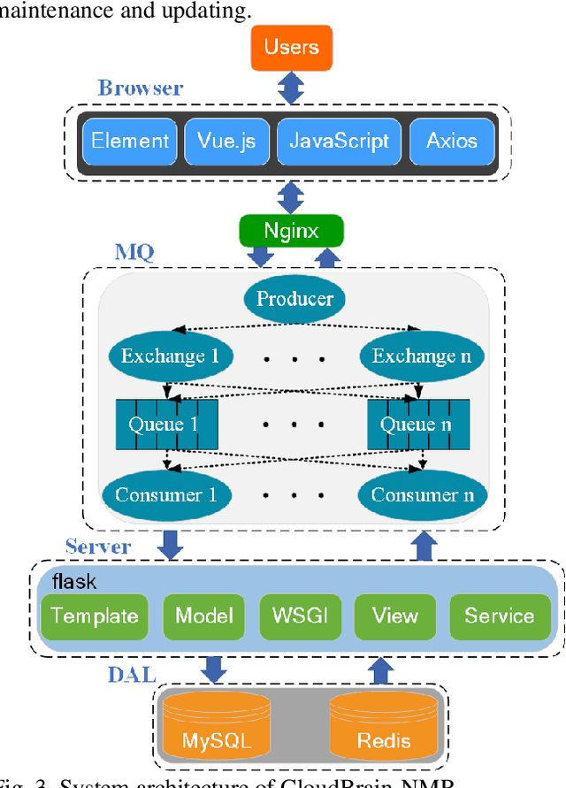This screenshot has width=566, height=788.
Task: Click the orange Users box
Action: pyautogui.click(x=291, y=46)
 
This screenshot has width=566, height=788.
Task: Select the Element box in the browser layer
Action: pyautogui.click(x=130, y=141)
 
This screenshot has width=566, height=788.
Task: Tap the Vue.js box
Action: pyautogui.click(x=226, y=141)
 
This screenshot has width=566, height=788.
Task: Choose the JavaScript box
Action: pyautogui.click(x=339, y=141)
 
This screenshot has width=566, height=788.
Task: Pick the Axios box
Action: pyautogui.click(x=451, y=141)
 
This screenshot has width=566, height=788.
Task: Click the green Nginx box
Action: pyautogui.click(x=291, y=232)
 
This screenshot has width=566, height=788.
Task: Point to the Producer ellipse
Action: pyautogui.click(x=294, y=299)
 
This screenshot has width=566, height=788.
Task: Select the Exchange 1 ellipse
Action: pyautogui.click(x=170, y=356)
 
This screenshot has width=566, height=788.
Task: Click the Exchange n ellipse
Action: pyautogui.click(x=421, y=356)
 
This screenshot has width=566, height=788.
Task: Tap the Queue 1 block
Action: pyautogui.click(x=164, y=424)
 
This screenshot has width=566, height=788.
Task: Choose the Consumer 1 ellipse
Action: pyautogui.click(x=166, y=493)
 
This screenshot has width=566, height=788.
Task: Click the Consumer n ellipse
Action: pyautogui.click(x=422, y=493)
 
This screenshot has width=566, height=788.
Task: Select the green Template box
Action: pyautogui.click(x=94, y=616)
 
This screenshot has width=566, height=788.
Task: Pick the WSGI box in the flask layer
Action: pyautogui.click(x=299, y=616)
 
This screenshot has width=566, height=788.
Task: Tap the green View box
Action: pyautogui.click(x=394, y=616)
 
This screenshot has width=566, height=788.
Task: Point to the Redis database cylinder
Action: pyautogui.click(x=383, y=725)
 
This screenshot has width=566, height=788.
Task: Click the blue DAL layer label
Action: pyautogui.click(x=132, y=675)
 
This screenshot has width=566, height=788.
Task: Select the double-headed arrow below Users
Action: pyautogui.click(x=291, y=86)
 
